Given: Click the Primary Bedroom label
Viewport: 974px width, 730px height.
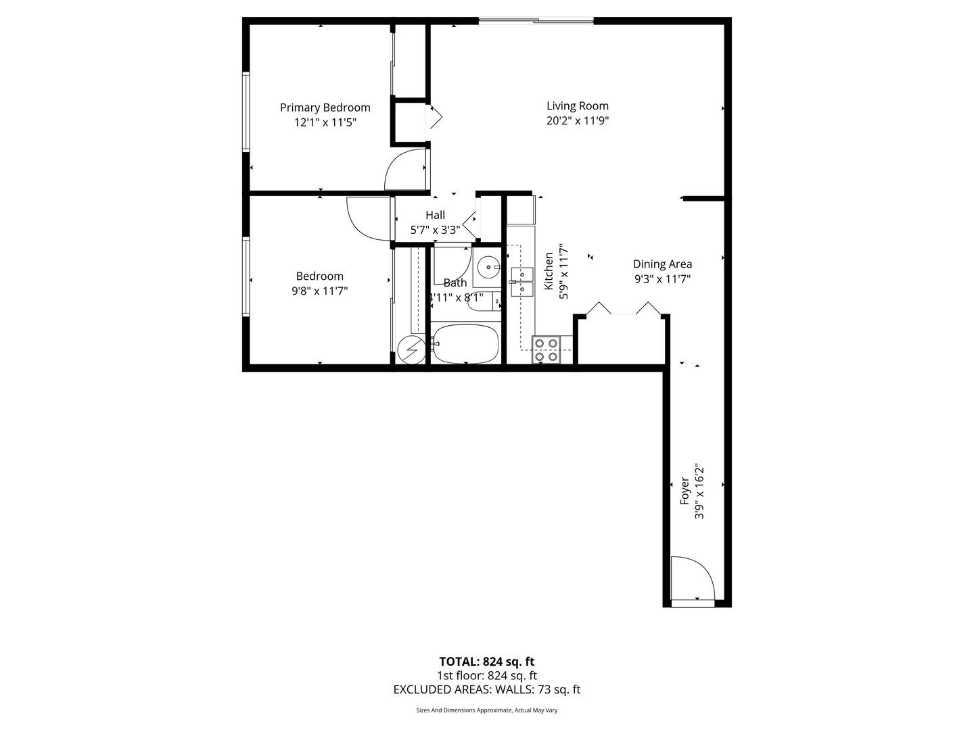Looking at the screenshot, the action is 325,107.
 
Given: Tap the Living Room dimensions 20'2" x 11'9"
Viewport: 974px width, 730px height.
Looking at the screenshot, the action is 578,120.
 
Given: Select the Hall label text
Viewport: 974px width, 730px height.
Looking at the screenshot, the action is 435,215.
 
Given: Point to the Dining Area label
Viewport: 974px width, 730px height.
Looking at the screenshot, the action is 662,264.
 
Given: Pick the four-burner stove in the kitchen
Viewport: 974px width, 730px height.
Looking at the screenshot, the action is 547,349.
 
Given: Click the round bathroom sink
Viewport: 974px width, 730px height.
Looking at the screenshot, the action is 488,267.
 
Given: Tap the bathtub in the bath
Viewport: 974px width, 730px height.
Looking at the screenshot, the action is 465,345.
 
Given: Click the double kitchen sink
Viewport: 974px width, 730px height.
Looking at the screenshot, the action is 521,282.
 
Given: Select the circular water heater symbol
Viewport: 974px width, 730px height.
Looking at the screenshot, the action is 411,349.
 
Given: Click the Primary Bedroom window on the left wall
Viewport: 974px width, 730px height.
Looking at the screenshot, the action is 246,112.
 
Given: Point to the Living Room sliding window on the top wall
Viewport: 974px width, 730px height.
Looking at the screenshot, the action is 536,20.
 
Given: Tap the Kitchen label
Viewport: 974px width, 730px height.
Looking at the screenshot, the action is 549,271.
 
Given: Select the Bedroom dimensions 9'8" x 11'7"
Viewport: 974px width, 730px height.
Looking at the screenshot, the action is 319,291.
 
